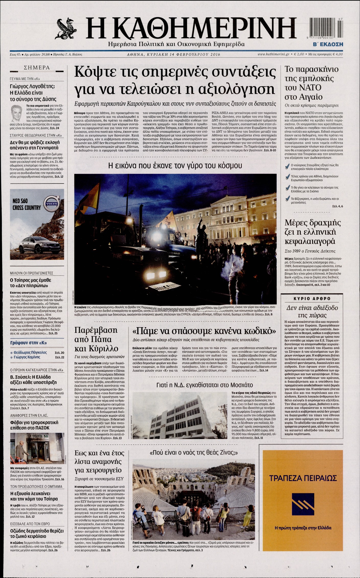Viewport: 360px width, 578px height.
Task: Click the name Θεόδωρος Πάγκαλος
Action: [x=30, y=352]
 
